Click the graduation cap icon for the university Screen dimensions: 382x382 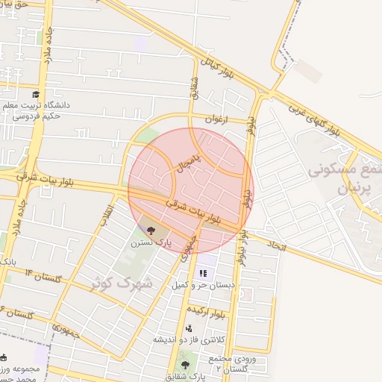tap(36, 94)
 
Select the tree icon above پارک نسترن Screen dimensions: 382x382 tap(151, 230)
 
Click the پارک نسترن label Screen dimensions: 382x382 tap(151, 242)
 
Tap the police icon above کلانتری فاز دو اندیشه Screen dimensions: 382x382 tap(190, 328)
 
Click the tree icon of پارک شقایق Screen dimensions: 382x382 tap(186, 365)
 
